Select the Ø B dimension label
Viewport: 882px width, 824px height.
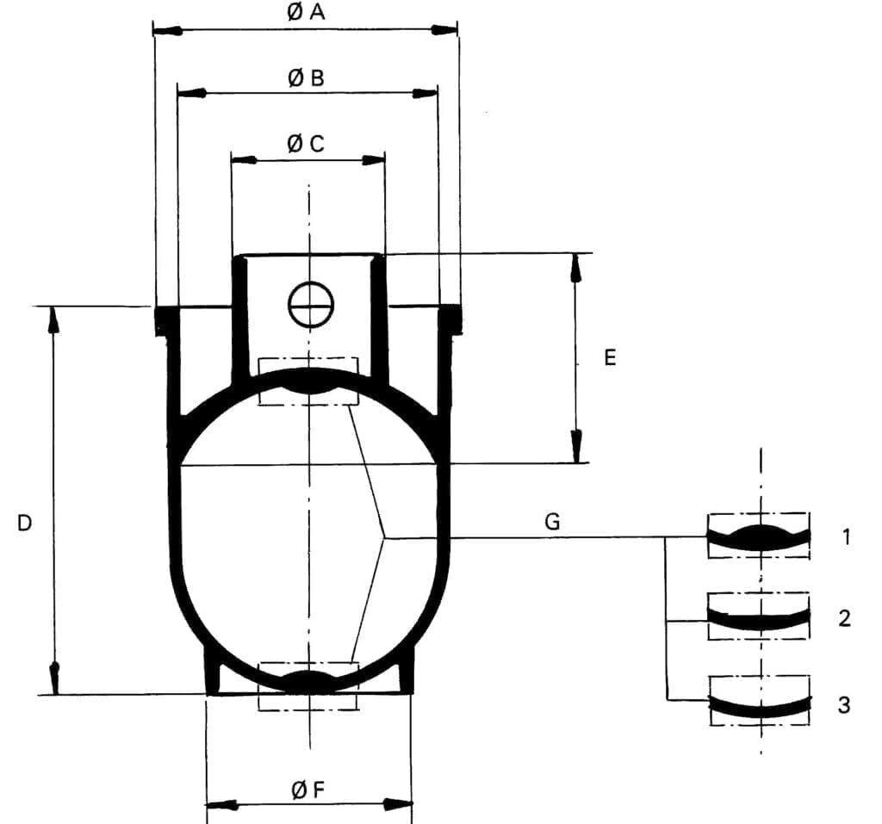[x=306, y=78]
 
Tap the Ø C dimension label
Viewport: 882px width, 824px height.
[x=306, y=144]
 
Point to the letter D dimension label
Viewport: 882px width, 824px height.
[x=24, y=522]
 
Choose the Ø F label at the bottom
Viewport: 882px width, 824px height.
[x=307, y=790]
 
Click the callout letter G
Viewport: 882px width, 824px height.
[x=552, y=521]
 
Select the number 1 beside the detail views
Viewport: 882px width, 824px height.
[x=846, y=537]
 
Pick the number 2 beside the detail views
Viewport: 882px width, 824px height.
[x=845, y=618]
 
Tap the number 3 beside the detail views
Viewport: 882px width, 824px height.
[x=844, y=704]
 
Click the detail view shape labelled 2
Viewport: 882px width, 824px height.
[x=758, y=616]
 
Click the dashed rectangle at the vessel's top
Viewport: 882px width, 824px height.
[x=308, y=381]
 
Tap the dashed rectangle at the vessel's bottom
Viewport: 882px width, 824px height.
[x=308, y=686]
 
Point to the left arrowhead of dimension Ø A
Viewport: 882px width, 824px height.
[x=166, y=31]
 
